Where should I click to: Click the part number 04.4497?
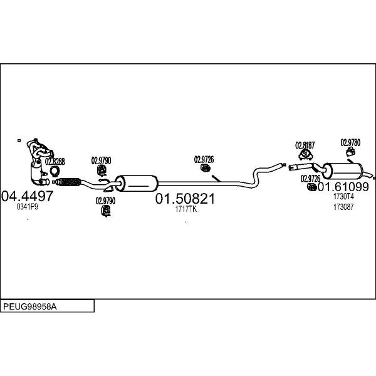(27, 196)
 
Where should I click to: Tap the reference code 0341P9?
(28, 207)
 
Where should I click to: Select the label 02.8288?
(55, 162)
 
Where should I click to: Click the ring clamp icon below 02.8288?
(55, 170)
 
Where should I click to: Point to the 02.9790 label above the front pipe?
(101, 160)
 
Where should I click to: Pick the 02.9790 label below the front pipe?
(105, 201)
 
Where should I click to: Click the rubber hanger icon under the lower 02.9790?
(106, 211)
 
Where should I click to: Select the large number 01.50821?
(185, 199)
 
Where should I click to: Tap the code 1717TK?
(186, 209)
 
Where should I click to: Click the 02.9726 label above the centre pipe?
(204, 159)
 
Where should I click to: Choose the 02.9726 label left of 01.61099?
(311, 179)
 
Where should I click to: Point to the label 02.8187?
(305, 145)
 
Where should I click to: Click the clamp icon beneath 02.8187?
(305, 155)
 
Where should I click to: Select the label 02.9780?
(350, 142)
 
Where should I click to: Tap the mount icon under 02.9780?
(350, 152)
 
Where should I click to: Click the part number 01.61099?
(343, 187)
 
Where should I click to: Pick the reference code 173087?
(343, 207)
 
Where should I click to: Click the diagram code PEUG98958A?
(30, 306)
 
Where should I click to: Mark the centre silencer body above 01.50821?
(136, 184)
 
